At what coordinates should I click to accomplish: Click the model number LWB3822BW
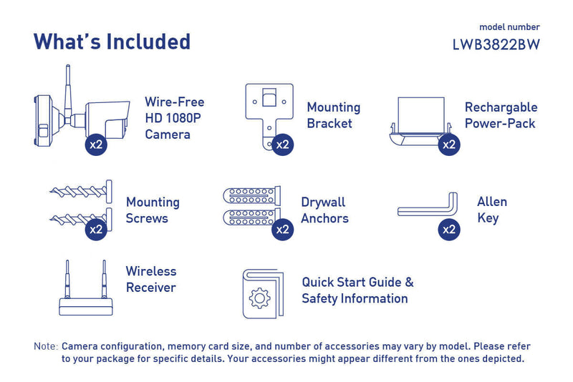pyautogui.click(x=496, y=44)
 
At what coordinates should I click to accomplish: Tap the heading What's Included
pyautogui.click(x=112, y=41)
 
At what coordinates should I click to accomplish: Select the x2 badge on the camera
pyautogui.click(x=96, y=144)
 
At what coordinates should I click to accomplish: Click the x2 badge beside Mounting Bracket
pyautogui.click(x=284, y=144)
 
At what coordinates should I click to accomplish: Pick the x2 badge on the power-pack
pyautogui.click(x=449, y=144)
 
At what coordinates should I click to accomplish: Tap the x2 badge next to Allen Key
pyautogui.click(x=449, y=230)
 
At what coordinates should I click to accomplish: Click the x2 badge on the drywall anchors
pyautogui.click(x=284, y=230)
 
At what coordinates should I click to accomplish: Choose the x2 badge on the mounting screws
pyautogui.click(x=96, y=230)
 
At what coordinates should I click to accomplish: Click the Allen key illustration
pyautogui.click(x=428, y=208)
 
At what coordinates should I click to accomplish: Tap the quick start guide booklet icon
pyautogui.click(x=262, y=293)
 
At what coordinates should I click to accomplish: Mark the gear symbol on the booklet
pyautogui.click(x=259, y=298)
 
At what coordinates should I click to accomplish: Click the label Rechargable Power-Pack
pyautogui.click(x=501, y=115)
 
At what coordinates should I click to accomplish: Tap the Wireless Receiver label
pyautogui.click(x=151, y=280)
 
